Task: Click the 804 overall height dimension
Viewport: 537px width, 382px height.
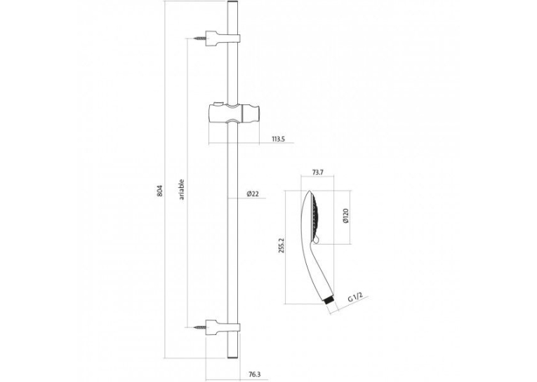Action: [x=159, y=191]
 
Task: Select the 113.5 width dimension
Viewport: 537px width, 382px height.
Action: [x=279, y=139]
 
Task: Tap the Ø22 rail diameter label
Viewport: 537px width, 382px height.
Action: [x=253, y=194]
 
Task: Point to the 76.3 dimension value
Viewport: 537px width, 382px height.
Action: [x=254, y=375]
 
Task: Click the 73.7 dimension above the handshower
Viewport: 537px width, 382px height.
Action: [x=317, y=172]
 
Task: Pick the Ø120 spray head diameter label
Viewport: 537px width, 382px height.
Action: [x=345, y=216]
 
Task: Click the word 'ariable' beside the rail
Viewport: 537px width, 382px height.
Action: [x=182, y=190]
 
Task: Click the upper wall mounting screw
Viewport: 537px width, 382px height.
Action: [x=199, y=39]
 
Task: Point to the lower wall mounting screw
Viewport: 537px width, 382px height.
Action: [x=199, y=327]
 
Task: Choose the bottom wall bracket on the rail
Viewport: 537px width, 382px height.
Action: [x=223, y=327]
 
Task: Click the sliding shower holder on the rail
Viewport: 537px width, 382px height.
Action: [x=234, y=114]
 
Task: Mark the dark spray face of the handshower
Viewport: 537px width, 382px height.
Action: [x=314, y=216]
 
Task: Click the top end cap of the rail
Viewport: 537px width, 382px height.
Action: [x=232, y=3]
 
